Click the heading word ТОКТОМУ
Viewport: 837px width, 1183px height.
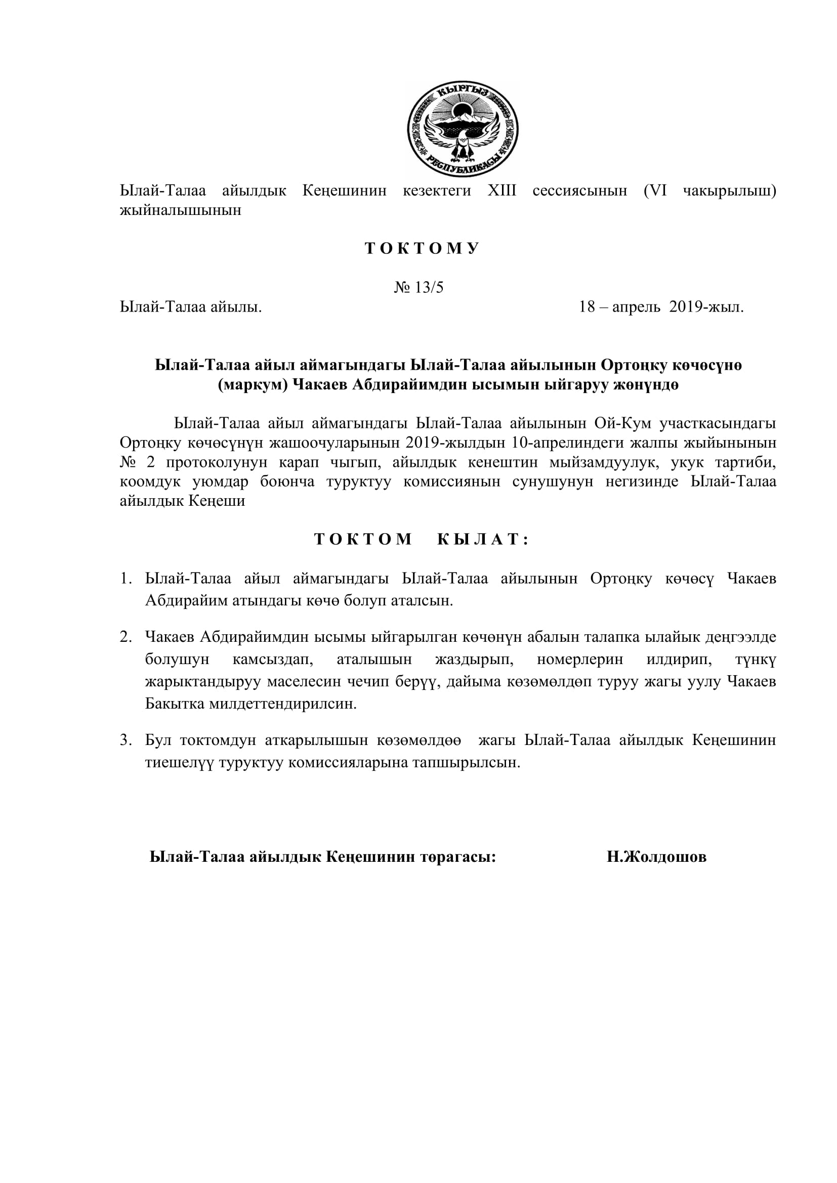[422, 248]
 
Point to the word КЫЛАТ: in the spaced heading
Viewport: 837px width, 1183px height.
[483, 540]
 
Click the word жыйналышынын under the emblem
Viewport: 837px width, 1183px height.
[180, 210]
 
